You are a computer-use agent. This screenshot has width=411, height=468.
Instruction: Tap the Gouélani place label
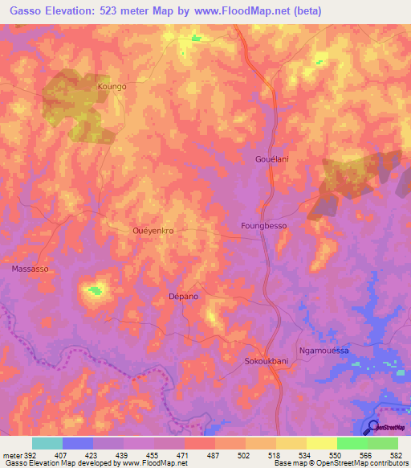click(x=271, y=160)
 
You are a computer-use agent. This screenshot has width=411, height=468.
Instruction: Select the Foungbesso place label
click(x=263, y=227)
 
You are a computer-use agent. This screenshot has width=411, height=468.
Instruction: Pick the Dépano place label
click(x=183, y=297)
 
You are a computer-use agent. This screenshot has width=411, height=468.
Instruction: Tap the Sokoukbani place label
click(x=266, y=362)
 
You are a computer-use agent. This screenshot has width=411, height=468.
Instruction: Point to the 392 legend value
click(x=31, y=454)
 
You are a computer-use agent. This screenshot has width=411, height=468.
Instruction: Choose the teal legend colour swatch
click(x=47, y=443)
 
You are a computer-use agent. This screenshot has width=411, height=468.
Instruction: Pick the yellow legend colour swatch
click(x=321, y=443)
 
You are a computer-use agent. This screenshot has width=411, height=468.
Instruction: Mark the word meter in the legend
click(x=12, y=454)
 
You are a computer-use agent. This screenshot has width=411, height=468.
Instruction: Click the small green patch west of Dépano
click(x=96, y=290)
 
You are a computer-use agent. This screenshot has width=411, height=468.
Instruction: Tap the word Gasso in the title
click(x=22, y=10)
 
